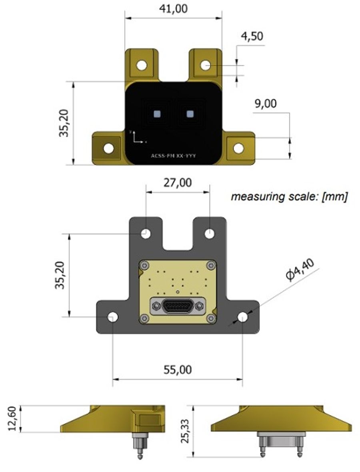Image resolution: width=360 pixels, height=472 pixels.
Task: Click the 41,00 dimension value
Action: coord(173,9)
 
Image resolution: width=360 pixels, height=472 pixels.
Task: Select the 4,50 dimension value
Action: coord(252,36)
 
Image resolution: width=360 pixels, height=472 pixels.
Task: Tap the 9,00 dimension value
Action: coord(265,104)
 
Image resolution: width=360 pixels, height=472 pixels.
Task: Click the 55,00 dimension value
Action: coord(178,370)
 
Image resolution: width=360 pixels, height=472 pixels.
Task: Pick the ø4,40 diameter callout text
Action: coord(300,270)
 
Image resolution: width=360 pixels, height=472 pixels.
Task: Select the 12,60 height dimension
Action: coord(12,418)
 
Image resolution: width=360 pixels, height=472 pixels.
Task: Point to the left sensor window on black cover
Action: coord(157,114)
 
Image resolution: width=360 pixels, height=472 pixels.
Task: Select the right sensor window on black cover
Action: coord(190,114)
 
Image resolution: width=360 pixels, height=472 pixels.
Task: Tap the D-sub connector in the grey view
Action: coord(178,306)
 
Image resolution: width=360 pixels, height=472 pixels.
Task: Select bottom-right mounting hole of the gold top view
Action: coord(238,148)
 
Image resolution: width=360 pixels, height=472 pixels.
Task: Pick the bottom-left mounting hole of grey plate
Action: coord(113,317)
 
